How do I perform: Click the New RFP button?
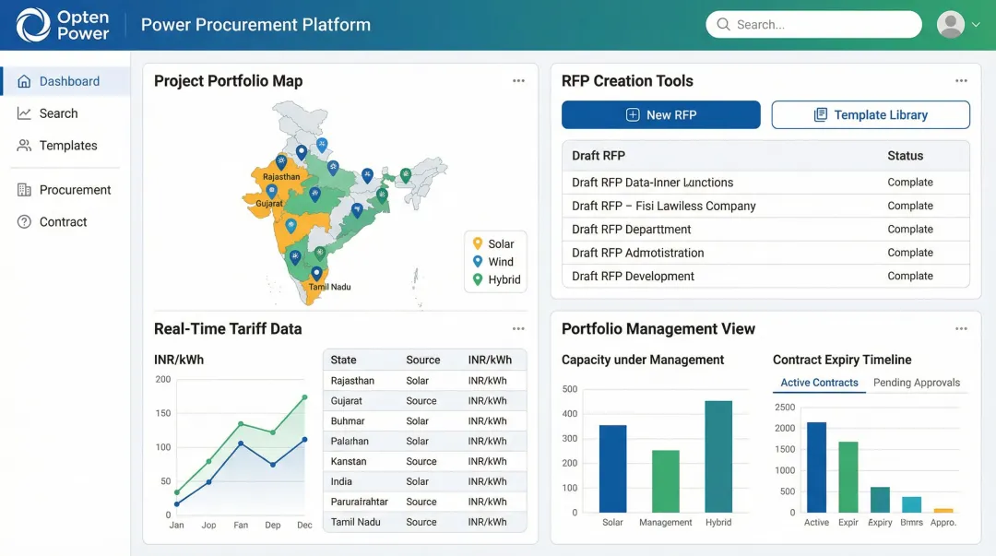(660, 115)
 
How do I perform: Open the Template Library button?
(871, 115)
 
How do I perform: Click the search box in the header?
(813, 25)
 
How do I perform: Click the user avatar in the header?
(950, 25)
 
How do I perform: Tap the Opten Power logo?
(64, 25)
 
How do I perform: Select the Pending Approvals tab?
(916, 383)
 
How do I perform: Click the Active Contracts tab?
(819, 383)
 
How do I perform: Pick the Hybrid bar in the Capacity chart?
(718, 456)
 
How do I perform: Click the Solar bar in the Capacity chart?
(612, 468)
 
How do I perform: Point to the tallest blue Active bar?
(816, 467)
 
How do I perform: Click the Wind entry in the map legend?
(500, 262)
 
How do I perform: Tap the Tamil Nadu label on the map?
(330, 287)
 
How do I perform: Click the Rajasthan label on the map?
(281, 177)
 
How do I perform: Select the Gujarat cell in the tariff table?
(347, 401)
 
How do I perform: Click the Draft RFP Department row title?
(631, 230)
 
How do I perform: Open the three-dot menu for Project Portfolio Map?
(518, 81)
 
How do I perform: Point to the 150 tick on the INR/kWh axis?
(163, 413)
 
